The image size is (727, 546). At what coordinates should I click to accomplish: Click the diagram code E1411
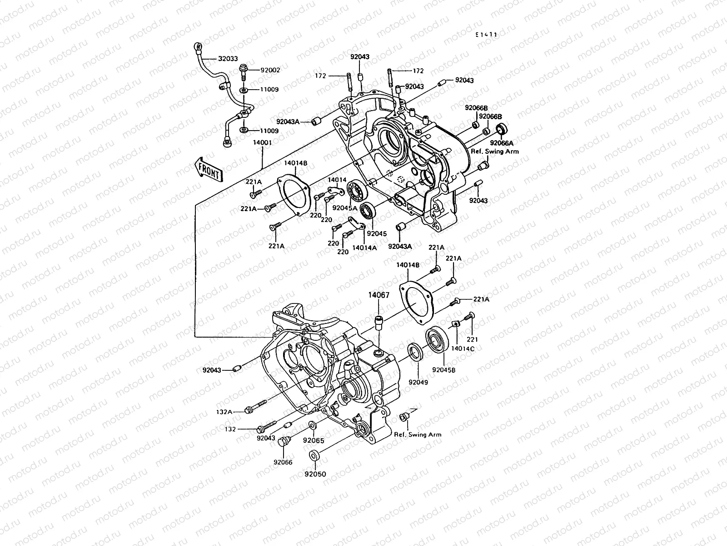coord(486,35)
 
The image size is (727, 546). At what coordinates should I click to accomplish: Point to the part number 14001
coord(262,142)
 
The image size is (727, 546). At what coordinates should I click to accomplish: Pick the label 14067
coord(378,295)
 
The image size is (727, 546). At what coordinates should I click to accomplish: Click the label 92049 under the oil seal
coord(418,383)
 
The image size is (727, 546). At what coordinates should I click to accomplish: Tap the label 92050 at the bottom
coord(315,474)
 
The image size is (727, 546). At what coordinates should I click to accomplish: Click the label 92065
coord(314,440)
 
